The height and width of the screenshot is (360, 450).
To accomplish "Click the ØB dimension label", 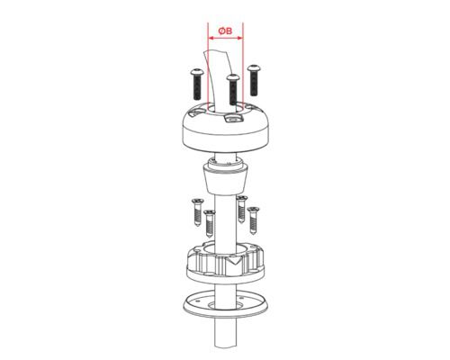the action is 225,31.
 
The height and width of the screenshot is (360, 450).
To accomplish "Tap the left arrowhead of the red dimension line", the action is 211,38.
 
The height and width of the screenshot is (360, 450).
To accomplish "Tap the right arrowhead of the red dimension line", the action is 240,38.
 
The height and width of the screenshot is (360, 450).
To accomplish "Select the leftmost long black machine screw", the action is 197,85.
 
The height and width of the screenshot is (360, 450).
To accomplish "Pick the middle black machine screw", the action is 233,89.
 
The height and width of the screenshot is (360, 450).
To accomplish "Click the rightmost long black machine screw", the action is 254,80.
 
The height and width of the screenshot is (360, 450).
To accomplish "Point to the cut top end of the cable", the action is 215,51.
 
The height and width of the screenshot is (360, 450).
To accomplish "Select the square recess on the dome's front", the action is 232,119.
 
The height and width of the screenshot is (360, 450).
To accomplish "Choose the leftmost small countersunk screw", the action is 198,212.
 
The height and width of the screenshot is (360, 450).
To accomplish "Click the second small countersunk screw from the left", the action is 210,223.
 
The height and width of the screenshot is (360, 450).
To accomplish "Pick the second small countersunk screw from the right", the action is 242,210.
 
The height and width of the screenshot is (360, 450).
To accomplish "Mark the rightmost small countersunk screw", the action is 254,220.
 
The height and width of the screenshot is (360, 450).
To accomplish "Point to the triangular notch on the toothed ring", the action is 234,260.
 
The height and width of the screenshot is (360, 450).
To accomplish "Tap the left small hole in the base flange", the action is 197,301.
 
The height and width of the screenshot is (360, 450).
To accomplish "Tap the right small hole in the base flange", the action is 242,297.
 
